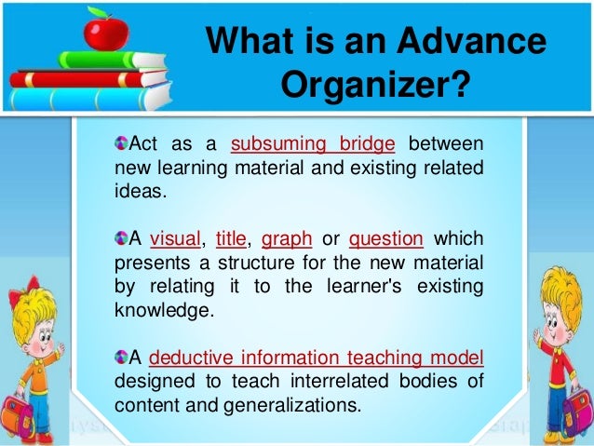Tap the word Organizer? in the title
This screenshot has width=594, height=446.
point(375,88)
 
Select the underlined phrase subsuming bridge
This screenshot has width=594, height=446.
point(313,145)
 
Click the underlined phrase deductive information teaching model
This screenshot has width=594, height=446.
point(316,358)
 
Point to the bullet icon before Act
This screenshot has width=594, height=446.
point(120,144)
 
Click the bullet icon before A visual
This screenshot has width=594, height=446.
point(120,238)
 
